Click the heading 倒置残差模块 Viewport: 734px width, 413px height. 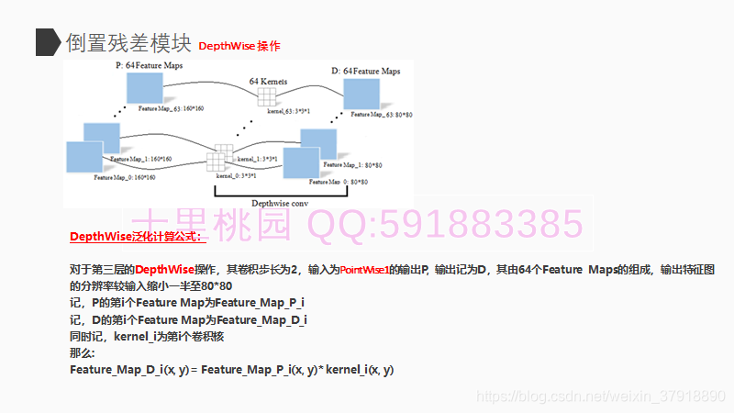[x=127, y=42]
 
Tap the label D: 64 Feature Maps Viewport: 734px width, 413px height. [x=366, y=71]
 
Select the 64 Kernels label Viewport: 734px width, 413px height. [x=268, y=82]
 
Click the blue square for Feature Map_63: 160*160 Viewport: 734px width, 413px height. [x=145, y=88]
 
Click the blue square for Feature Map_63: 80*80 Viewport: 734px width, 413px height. [x=361, y=95]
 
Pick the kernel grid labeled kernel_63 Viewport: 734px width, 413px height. [x=266, y=98]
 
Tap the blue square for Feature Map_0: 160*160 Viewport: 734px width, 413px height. [x=83, y=157]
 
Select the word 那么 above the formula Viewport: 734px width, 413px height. [x=82, y=352]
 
